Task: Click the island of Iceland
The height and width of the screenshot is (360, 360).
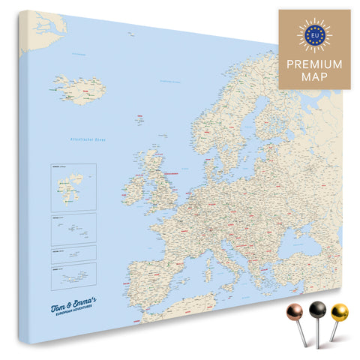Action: coord(79,89)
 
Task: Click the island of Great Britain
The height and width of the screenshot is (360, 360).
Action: coord(160,184)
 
